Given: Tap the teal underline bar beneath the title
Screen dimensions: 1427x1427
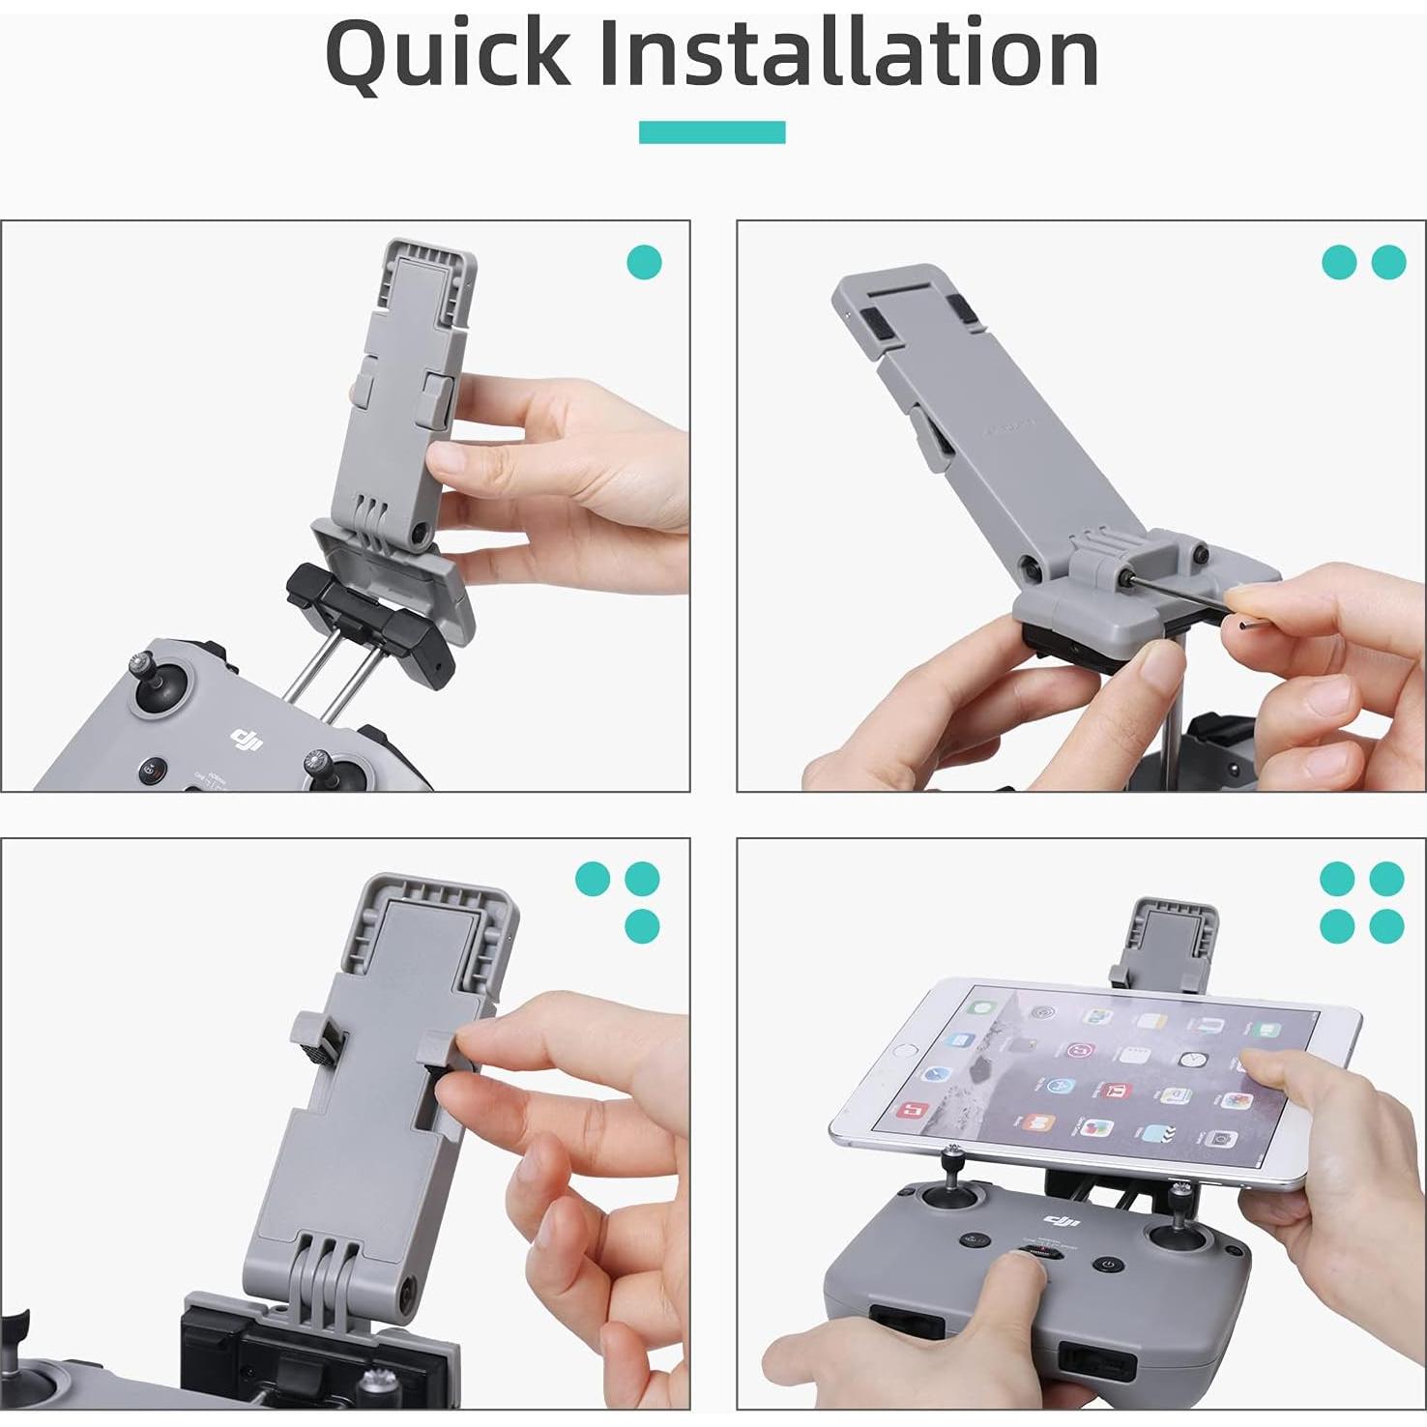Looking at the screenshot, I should click(712, 132).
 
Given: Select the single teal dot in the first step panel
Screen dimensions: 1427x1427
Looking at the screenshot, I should click(645, 262).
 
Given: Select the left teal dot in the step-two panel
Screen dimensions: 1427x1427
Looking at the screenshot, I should click(1339, 262).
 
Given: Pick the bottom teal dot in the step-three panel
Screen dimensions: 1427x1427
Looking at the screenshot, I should click(642, 925).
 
